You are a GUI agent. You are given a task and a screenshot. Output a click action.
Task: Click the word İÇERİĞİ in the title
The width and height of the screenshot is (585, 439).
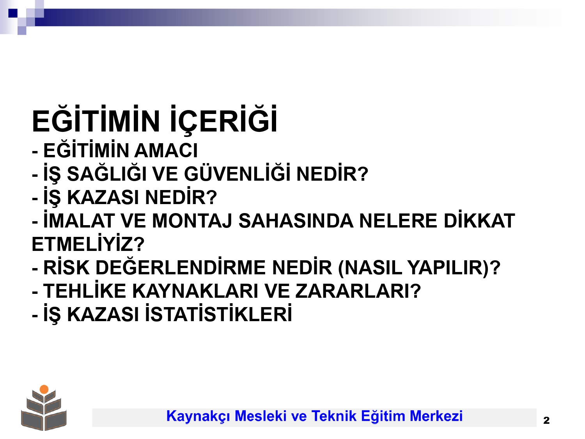tap(223, 120)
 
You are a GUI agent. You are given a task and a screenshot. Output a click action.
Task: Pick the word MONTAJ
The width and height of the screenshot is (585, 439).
tap(192, 221)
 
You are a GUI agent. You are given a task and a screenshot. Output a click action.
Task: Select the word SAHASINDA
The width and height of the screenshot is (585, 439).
tap(296, 221)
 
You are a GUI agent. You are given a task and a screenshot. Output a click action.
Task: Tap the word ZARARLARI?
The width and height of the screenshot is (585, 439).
tap(358, 291)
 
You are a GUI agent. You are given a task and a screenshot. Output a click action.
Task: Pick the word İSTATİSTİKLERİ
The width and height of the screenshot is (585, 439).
tap(218, 313)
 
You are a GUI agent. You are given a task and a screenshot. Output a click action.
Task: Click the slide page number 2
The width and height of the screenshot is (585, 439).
tap(546, 420)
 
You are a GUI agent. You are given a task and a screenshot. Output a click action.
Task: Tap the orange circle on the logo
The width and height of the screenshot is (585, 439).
tap(44, 389)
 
